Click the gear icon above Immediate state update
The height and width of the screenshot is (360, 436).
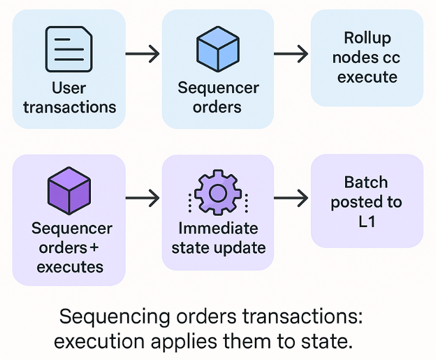pos(217,193)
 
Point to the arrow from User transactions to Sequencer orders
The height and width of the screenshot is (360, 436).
pos(142,54)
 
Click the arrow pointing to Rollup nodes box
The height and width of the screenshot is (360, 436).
pos(291,54)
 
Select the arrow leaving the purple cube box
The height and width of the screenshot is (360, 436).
pos(142,198)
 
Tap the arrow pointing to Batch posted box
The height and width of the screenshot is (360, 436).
pos(291,198)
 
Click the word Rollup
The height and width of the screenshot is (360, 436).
pos(367,38)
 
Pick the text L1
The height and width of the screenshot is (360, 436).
pos(367,222)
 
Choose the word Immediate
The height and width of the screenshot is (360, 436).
pos(219,228)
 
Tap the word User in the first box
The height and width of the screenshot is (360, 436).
pos(69,88)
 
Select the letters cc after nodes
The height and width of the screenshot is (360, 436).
pos(388,57)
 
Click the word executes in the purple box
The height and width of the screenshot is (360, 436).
pos(70,267)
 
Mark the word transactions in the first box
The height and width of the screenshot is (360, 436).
pos(70,106)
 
